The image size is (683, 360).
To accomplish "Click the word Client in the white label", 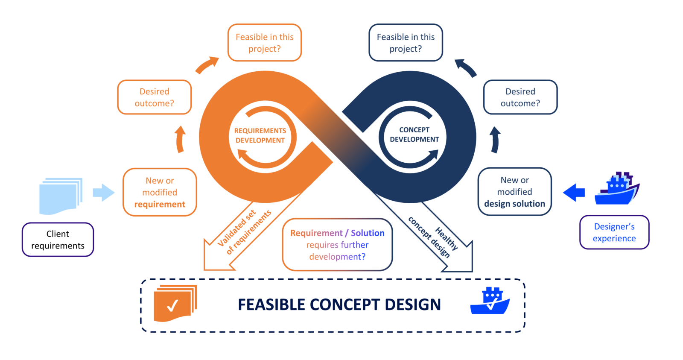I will coord(58,234).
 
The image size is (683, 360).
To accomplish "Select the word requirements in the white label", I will coord(58,246).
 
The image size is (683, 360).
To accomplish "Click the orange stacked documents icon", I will coord(175,303).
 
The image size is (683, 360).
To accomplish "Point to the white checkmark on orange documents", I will coord(172,305).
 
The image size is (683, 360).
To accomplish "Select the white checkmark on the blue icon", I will coord(492,303).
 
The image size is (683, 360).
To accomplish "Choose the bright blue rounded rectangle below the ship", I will coord(620,235).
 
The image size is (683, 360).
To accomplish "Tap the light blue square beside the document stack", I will coord(105,196).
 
